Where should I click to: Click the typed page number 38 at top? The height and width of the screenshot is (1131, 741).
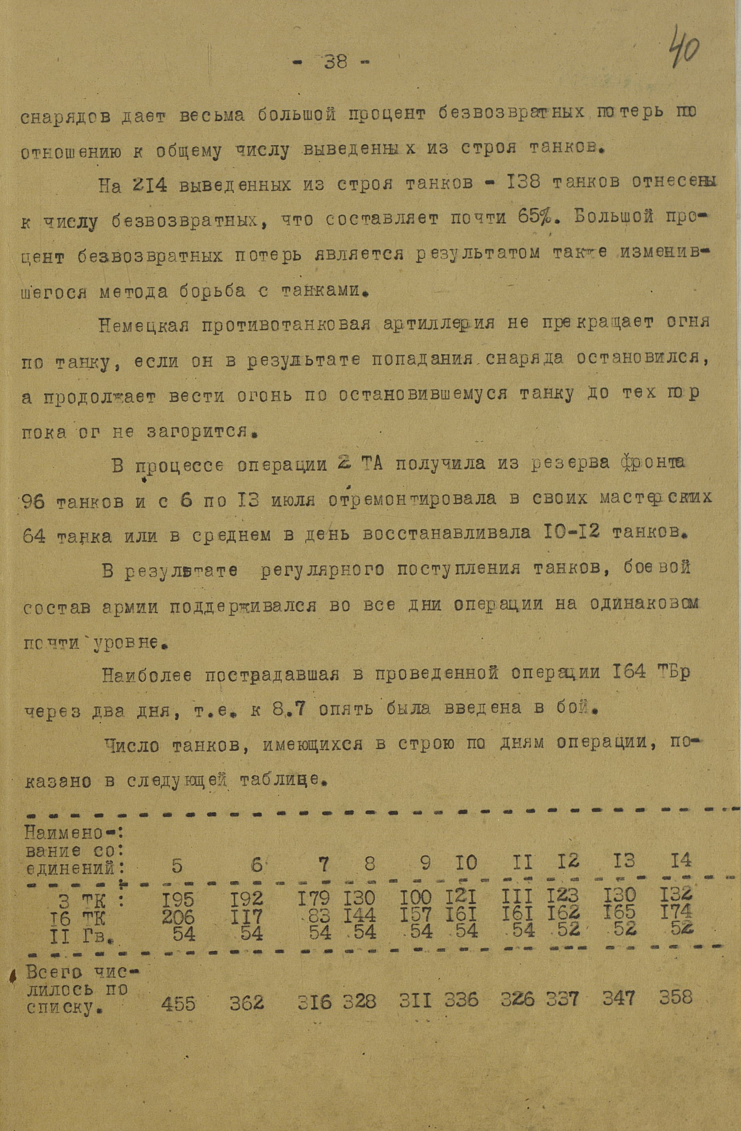click(336, 62)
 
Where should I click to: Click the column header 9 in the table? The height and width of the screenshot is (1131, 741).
click(426, 863)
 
